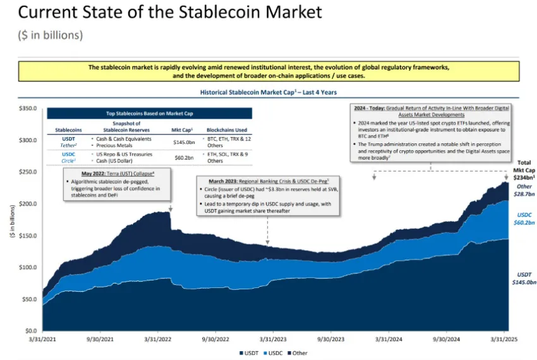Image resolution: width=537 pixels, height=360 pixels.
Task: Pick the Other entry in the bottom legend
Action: click(x=298, y=352)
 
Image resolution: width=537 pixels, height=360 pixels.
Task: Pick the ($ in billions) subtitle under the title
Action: click(x=51, y=35)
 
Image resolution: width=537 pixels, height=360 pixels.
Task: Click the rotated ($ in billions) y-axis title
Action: click(x=11, y=220)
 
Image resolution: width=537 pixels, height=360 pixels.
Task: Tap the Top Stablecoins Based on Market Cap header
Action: click(x=149, y=114)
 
